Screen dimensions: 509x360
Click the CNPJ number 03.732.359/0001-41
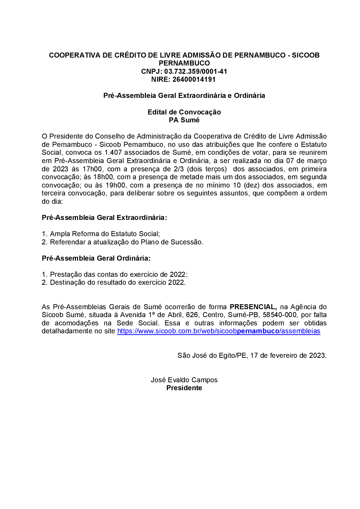tap(195, 71)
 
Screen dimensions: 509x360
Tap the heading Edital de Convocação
tap(184, 112)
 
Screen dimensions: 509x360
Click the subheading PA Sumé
tap(184, 120)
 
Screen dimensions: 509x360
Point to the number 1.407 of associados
tap(113, 153)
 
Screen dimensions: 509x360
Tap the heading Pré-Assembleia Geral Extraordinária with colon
tap(104, 217)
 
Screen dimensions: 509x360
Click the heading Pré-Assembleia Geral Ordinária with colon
tap(96, 258)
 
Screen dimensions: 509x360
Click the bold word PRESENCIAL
tap(253, 307)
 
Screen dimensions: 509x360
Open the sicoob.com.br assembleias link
tap(219, 331)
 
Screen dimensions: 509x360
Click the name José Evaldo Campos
tap(184, 380)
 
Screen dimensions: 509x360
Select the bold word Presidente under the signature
tap(184, 388)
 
